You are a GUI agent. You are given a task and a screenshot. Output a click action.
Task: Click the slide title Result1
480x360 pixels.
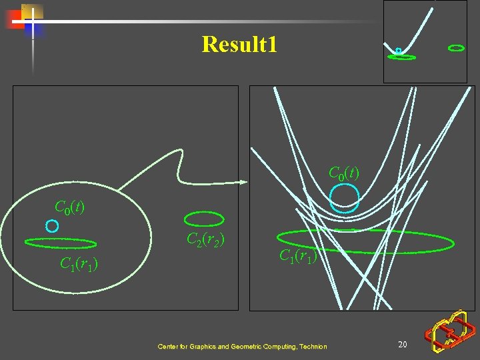tap(239, 45)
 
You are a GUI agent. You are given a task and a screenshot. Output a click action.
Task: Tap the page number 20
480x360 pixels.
tap(402, 344)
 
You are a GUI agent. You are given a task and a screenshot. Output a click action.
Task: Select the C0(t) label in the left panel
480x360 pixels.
tap(69, 207)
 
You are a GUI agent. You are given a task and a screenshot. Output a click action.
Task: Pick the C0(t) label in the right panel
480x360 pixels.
tap(344, 173)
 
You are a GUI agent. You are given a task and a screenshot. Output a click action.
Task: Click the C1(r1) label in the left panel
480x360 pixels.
tap(79, 265)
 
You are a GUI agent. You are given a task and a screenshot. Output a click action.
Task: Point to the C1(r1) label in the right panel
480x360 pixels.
tap(297, 255)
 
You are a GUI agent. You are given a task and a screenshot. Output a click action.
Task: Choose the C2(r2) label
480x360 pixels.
tap(205, 239)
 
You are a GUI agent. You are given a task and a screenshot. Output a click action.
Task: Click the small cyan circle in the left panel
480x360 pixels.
tap(51, 226)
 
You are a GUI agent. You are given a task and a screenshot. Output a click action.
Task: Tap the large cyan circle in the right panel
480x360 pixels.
tap(345, 197)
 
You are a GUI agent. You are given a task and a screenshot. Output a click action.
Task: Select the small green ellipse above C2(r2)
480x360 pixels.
tap(203, 219)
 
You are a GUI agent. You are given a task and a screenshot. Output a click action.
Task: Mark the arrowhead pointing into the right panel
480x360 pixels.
tap(244, 181)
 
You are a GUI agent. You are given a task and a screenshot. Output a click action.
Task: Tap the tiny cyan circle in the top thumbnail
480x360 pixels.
tap(398, 51)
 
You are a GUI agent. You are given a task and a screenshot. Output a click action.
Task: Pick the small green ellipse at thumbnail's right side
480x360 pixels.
tap(456, 48)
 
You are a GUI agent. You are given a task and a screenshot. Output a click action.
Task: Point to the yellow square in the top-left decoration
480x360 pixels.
tap(32, 11)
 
